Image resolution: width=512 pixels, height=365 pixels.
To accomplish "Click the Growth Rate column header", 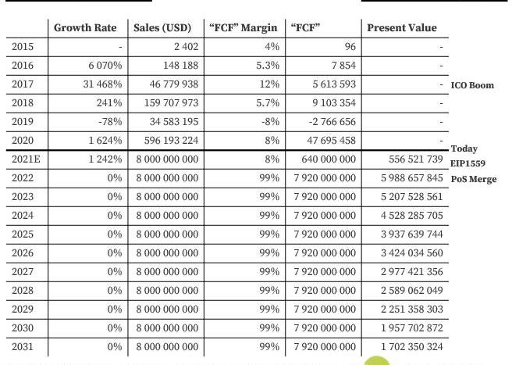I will pyautogui.click(x=85, y=28).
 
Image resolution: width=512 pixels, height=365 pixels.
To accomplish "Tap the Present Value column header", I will pyautogui.click(x=402, y=28).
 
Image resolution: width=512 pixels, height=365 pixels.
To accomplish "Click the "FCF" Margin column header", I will pyautogui.click(x=244, y=28).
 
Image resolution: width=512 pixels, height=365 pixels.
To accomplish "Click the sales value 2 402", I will pyautogui.click(x=184, y=47).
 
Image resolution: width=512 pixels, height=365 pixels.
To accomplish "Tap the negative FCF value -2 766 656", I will pyautogui.click(x=327, y=122).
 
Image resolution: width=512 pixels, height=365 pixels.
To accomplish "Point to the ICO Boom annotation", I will pyautogui.click(x=472, y=85).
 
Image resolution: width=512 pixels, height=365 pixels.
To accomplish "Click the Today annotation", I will pyautogui.click(x=464, y=149).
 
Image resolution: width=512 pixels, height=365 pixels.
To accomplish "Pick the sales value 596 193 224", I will pyautogui.click(x=165, y=141).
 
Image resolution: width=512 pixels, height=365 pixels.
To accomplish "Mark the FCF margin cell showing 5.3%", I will pyautogui.click(x=267, y=66).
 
